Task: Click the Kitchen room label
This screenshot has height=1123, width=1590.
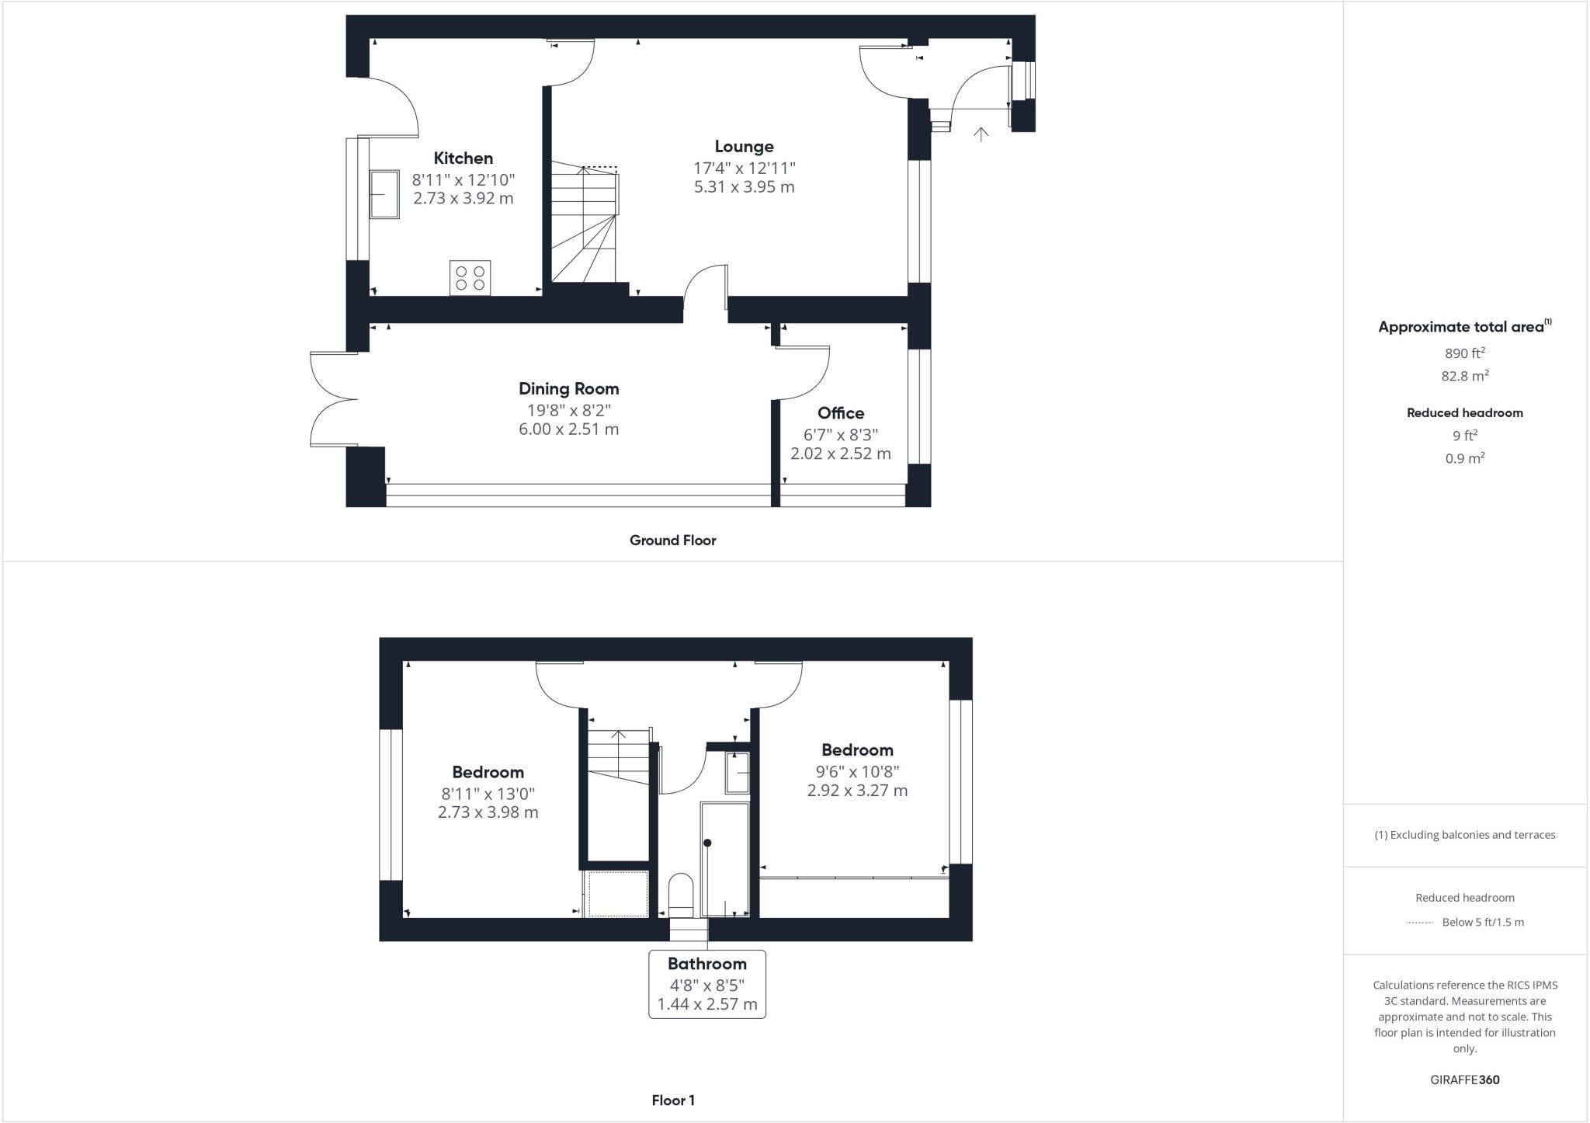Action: (x=463, y=158)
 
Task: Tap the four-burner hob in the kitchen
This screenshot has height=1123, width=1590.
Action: (x=470, y=278)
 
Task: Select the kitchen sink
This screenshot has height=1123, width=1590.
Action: (x=384, y=194)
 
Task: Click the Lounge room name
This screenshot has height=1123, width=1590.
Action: (x=744, y=147)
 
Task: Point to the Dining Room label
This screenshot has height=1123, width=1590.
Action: (x=568, y=389)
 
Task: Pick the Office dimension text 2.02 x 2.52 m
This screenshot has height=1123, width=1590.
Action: (x=840, y=454)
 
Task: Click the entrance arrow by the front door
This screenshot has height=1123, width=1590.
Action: (x=981, y=134)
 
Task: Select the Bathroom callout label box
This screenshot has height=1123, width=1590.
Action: (x=706, y=984)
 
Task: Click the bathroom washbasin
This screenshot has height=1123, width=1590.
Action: (x=738, y=773)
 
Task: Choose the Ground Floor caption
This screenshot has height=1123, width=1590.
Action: (x=672, y=541)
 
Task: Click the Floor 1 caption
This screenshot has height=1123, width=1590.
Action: (x=672, y=1100)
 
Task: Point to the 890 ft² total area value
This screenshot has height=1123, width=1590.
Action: (x=1464, y=353)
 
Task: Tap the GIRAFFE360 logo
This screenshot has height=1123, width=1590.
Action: (x=1464, y=1080)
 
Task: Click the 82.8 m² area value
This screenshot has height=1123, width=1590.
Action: (x=1464, y=377)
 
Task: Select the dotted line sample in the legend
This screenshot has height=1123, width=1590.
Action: (x=1418, y=923)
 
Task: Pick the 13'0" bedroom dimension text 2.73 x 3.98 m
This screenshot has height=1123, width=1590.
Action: (x=488, y=812)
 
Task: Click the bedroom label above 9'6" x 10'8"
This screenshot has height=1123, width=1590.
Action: (x=857, y=750)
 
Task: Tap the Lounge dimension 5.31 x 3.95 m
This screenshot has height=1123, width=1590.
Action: (x=744, y=187)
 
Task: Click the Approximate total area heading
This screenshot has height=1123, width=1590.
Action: (x=1463, y=327)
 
